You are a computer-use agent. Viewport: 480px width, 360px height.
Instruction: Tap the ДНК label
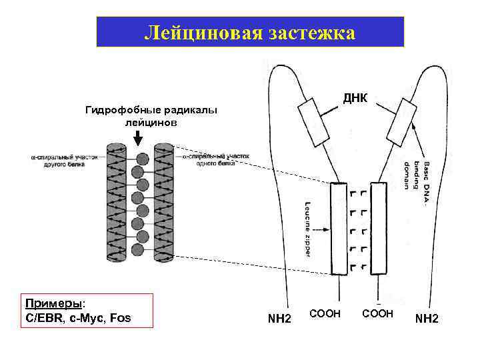(355, 99)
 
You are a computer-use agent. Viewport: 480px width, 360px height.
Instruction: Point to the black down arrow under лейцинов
(137, 138)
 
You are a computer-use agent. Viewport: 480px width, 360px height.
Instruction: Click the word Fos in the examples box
(120, 317)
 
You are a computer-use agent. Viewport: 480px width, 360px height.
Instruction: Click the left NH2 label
(279, 319)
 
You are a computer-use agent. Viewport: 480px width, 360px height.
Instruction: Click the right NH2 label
(427, 319)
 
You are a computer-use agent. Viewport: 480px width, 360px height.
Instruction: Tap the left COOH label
(325, 313)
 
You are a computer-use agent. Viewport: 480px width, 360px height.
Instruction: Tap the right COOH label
(378, 313)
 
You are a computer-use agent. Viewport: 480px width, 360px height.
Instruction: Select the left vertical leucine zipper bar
(338, 228)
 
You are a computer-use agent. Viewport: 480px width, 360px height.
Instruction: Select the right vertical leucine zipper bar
(379, 228)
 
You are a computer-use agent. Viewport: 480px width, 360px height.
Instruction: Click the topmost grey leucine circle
(142, 159)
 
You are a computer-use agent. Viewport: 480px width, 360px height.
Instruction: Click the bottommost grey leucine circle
(138, 250)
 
